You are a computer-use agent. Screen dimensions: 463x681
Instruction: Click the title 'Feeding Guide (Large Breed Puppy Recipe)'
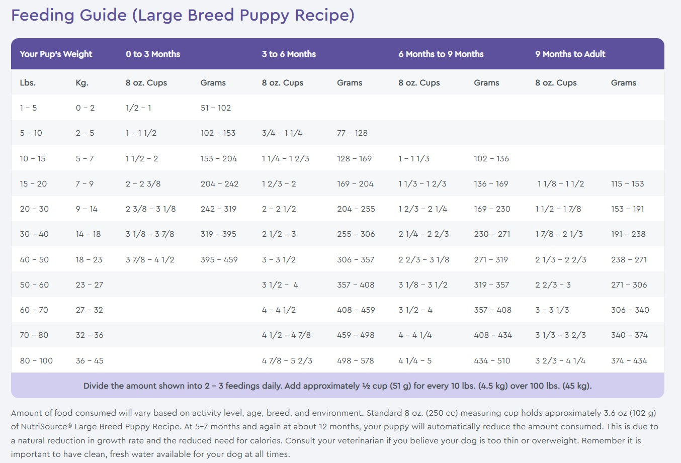(x=183, y=15)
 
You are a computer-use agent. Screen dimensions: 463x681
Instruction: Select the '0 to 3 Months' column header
(x=152, y=54)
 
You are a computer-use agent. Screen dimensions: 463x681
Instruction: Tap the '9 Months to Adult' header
(x=570, y=54)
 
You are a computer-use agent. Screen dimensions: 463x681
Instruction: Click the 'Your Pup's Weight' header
(x=56, y=54)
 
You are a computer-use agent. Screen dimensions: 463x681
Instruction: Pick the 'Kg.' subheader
(x=82, y=82)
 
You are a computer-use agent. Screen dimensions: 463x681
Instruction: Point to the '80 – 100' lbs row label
(x=36, y=360)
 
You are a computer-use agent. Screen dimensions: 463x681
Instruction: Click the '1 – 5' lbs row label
(x=28, y=108)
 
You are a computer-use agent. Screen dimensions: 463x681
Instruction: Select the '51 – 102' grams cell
(x=215, y=108)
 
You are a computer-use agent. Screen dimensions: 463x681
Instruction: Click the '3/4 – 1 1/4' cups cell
(x=282, y=133)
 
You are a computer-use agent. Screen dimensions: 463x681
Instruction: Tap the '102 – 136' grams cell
(x=491, y=158)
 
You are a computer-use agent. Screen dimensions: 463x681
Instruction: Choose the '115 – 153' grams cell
(x=627, y=183)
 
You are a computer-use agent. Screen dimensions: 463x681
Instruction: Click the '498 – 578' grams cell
(x=356, y=360)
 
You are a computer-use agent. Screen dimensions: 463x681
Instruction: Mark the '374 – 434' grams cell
(x=629, y=360)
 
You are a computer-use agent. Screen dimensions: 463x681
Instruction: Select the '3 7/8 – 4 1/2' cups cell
(x=150, y=259)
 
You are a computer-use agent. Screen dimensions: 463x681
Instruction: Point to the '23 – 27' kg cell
(x=89, y=285)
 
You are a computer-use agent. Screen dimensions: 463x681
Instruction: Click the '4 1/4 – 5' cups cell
(x=414, y=360)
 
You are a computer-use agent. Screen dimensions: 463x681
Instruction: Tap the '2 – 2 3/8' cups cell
(x=143, y=183)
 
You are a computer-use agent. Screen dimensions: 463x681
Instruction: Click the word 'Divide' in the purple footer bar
(x=96, y=386)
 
